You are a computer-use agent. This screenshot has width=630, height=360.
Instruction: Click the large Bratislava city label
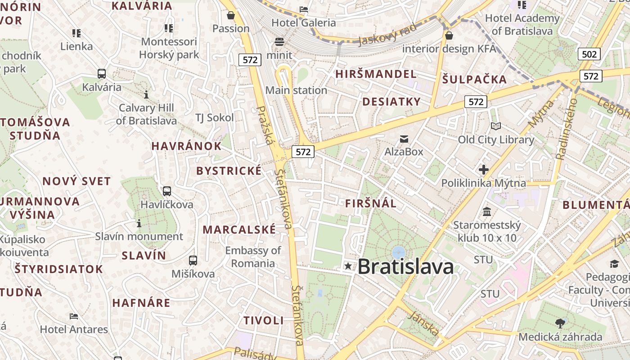(405, 266)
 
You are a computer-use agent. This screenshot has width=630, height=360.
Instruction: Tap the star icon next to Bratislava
(348, 266)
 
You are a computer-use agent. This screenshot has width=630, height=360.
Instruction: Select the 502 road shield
(589, 54)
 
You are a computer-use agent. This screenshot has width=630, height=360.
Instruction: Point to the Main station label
(296, 90)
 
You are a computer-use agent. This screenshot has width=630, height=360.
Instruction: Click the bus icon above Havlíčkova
(167, 191)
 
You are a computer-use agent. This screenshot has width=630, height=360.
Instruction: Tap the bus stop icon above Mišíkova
(193, 261)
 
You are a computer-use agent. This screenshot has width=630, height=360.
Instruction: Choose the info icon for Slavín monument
(139, 223)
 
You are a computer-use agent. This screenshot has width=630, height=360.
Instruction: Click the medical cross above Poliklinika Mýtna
(484, 170)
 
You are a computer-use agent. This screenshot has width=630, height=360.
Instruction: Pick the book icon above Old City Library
(496, 126)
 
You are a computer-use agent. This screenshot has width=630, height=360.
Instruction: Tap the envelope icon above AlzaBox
(404, 139)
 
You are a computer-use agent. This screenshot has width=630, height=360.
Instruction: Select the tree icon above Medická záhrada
(560, 323)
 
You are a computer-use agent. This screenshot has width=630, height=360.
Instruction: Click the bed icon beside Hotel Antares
(74, 316)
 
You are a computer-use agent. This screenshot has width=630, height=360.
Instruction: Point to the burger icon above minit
(279, 42)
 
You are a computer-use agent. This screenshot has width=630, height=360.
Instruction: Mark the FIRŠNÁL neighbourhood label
(371, 203)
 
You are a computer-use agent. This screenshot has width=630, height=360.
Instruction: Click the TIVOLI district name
(264, 320)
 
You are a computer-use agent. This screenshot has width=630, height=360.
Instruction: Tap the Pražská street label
(265, 126)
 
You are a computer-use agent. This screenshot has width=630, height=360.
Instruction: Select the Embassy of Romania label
(253, 256)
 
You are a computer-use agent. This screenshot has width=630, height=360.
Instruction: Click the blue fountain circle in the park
(398, 252)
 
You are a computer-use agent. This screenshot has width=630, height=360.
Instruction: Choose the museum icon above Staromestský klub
(487, 211)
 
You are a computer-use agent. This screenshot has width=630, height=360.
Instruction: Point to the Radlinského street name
(567, 129)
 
